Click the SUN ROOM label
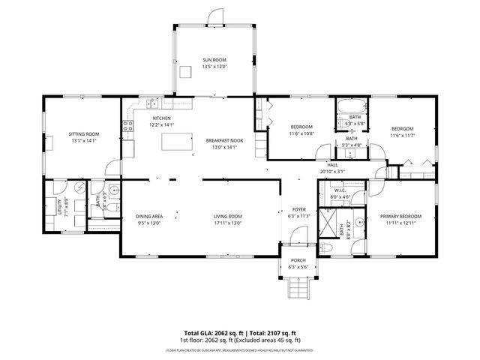coord(214,60)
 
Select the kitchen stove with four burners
coord(128,127)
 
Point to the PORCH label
coord(298,260)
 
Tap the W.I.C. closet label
coord(339,191)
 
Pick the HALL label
coord(331,164)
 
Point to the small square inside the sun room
coord(185,71)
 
